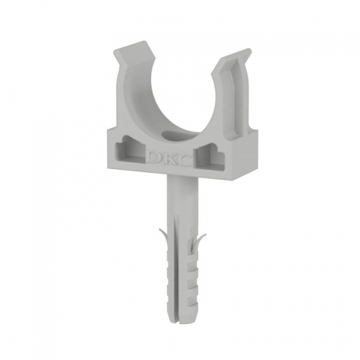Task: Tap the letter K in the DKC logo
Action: tap(169, 159)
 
